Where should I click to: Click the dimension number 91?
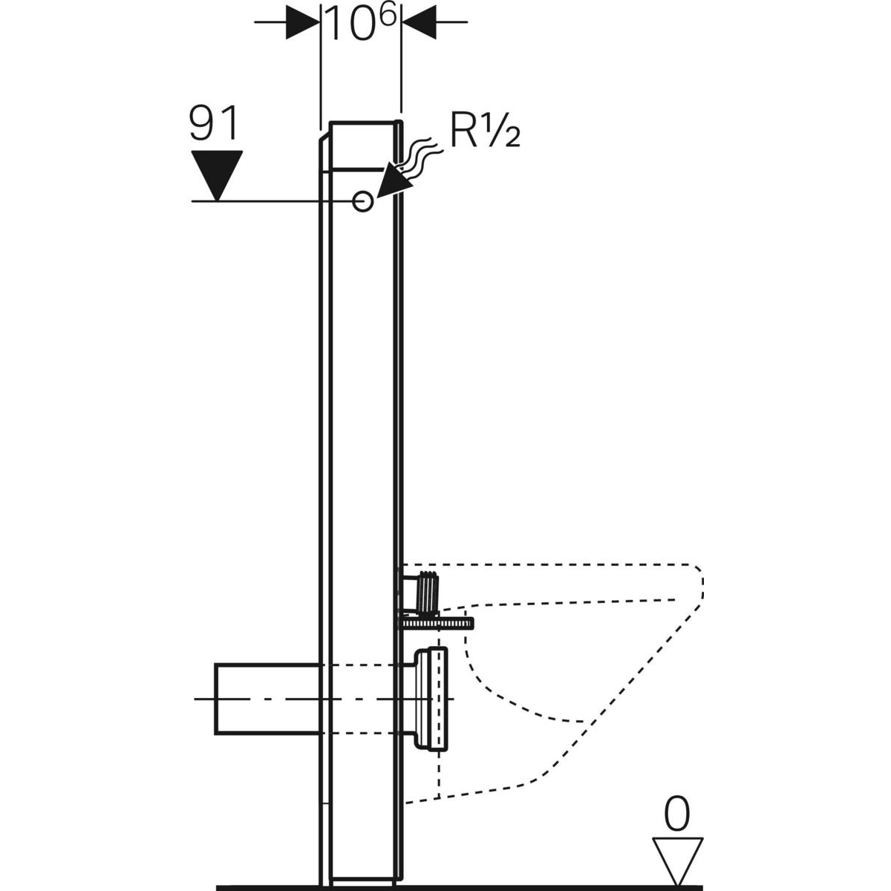pyautogui.click(x=215, y=123)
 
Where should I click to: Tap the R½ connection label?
pyautogui.click(x=484, y=134)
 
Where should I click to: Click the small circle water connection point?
pyautogui.click(x=362, y=200)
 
